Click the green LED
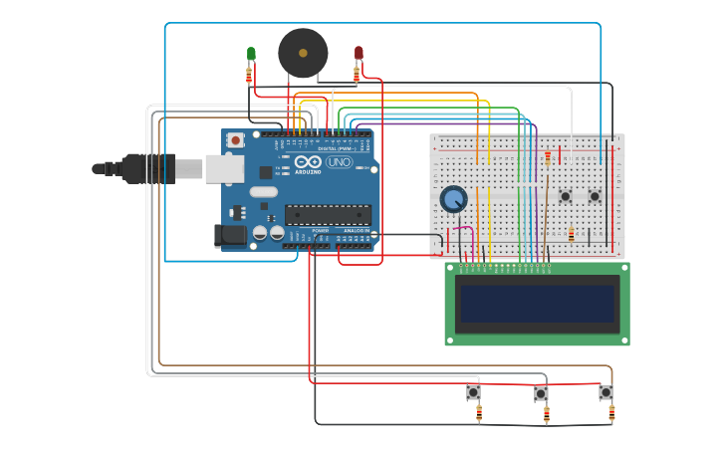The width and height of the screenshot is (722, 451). (251, 54)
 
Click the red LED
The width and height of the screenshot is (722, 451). (359, 53)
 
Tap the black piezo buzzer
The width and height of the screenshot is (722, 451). (303, 53)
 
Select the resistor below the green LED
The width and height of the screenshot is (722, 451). (249, 76)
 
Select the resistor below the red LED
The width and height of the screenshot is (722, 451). (357, 76)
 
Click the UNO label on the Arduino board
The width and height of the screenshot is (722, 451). (340, 162)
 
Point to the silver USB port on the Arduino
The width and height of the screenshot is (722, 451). (224, 169)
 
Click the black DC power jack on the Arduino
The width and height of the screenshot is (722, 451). (230, 236)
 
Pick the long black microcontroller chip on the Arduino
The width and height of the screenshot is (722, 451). (328, 214)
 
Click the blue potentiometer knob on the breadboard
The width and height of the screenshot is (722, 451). (453, 199)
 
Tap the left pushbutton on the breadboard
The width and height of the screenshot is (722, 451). (565, 196)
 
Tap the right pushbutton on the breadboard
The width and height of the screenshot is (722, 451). (595, 196)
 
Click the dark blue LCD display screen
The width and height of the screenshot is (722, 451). (537, 304)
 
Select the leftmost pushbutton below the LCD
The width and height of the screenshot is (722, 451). (473, 393)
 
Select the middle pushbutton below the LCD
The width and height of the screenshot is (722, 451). (541, 394)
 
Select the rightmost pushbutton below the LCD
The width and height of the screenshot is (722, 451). (605, 393)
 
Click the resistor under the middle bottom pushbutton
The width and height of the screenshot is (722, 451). (546, 414)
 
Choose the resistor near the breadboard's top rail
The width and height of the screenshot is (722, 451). (547, 158)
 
